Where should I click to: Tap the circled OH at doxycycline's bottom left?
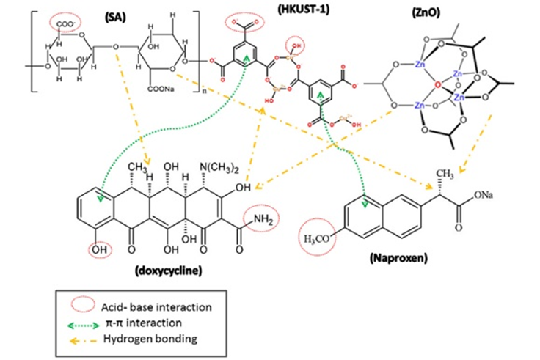point(101,249)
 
